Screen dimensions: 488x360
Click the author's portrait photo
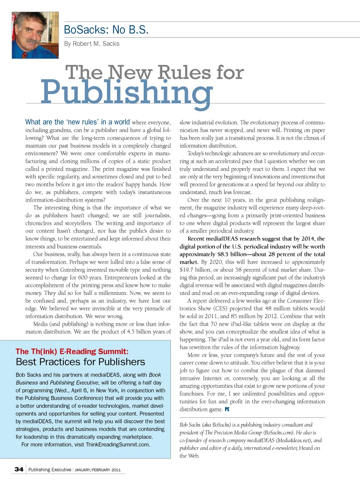pyautogui.click(x=35, y=35)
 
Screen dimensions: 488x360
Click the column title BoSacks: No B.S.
pyautogui.click(x=106, y=30)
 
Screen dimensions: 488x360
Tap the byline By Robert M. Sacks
pyautogui.click(x=91, y=44)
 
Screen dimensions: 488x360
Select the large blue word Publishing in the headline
pyautogui.click(x=126, y=92)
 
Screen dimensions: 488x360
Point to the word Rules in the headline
pyautogui.click(x=184, y=72)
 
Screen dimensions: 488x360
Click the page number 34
pyautogui.click(x=19, y=469)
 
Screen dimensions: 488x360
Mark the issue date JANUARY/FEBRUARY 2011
pyautogui.click(x=97, y=470)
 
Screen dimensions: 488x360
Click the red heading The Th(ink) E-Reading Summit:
pyautogui.click(x=72, y=351)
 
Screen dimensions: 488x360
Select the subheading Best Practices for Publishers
pyautogui.click(x=80, y=362)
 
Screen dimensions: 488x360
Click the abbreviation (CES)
pyautogui.click(x=220, y=309)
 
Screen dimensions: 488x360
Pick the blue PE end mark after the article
pyautogui.click(x=227, y=409)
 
